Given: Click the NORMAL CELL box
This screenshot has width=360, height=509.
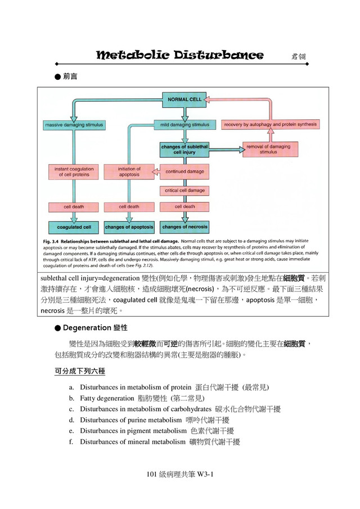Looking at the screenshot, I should click(184, 100).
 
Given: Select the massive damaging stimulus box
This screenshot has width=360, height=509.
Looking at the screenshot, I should click(70, 124).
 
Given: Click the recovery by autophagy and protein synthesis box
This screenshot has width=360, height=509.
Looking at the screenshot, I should click(270, 124).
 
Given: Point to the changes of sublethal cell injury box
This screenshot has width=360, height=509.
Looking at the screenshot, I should click(184, 149).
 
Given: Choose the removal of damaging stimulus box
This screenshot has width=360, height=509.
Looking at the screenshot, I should click(268, 149).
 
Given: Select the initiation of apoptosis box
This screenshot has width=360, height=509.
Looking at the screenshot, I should click(129, 171).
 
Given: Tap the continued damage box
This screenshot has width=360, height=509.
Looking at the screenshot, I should click(184, 171).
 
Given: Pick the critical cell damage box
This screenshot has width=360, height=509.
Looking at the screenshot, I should click(184, 191).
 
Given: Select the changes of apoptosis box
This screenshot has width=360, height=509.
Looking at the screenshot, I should click(129, 227).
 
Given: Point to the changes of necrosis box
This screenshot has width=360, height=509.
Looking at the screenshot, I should click(184, 227).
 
